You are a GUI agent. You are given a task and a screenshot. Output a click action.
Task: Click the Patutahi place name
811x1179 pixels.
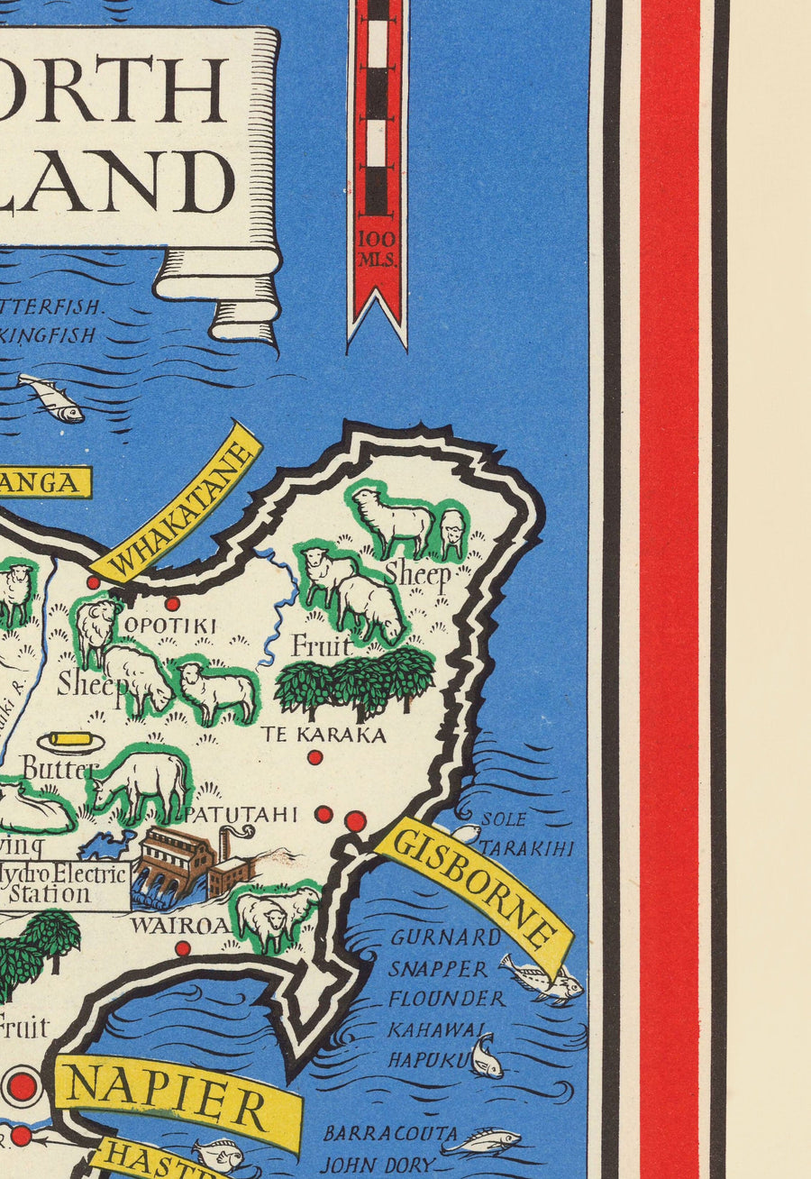241,814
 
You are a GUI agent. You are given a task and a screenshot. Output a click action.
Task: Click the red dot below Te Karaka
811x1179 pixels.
314,757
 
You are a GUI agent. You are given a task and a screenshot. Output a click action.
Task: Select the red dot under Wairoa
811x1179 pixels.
182,948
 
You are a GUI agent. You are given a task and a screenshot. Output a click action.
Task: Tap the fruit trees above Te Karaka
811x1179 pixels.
355,681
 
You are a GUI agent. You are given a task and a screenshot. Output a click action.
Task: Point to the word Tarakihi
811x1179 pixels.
525,849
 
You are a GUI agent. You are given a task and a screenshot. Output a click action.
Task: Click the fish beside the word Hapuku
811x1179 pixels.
486,1056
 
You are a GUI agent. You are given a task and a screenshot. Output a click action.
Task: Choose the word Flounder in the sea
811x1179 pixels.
446,999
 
